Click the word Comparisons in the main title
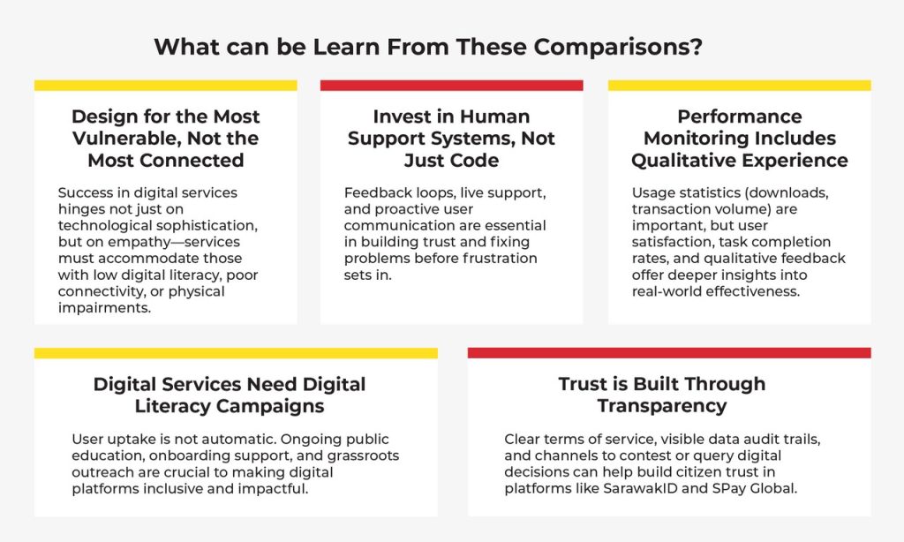(x=618, y=47)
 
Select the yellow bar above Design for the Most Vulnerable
(x=165, y=86)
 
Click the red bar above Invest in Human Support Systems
(x=451, y=86)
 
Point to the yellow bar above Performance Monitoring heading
(x=739, y=86)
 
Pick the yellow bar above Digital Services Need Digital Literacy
(x=236, y=353)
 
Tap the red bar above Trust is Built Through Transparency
(x=669, y=353)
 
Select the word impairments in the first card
(x=104, y=308)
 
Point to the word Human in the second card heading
(x=494, y=117)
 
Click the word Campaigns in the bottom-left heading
(x=270, y=406)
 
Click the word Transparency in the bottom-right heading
(x=662, y=406)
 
